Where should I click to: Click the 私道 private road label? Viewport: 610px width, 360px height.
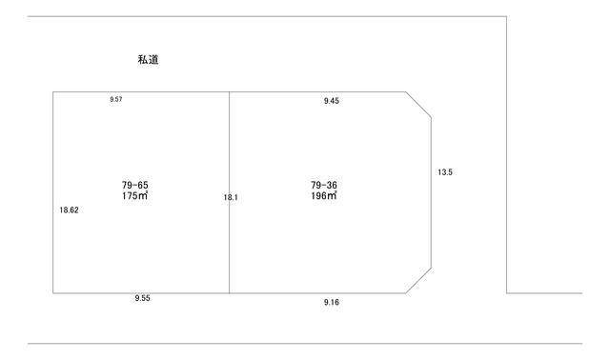(x=148, y=60)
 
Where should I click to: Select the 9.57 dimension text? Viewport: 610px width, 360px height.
(x=116, y=99)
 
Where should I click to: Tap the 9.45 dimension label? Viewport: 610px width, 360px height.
(x=332, y=99)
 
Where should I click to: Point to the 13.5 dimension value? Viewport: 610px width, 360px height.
(x=444, y=172)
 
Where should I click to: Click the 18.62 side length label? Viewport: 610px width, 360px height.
(x=69, y=210)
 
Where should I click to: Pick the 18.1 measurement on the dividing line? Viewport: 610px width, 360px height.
(x=231, y=197)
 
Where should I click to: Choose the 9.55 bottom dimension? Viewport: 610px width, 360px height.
(x=142, y=298)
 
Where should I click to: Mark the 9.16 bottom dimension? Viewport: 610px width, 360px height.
(x=332, y=302)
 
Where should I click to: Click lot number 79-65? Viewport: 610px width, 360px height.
(x=134, y=185)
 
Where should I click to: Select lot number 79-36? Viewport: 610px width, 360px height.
(x=324, y=185)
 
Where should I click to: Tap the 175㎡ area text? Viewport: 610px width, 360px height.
(x=134, y=195)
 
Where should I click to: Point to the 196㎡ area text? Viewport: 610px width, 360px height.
(x=324, y=195)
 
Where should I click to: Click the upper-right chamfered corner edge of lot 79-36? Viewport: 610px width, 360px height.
(x=419, y=105)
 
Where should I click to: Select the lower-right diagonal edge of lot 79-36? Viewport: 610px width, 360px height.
(x=419, y=281)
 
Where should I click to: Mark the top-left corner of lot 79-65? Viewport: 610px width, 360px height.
(x=52, y=92)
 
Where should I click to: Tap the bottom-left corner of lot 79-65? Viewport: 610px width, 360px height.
(x=52, y=292)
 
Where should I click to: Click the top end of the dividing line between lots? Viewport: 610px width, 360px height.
(x=229, y=92)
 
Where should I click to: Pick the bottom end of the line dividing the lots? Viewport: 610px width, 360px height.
(x=229, y=292)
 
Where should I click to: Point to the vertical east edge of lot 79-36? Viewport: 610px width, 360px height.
(x=432, y=190)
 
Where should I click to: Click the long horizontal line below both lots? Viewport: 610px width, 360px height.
(x=305, y=344)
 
